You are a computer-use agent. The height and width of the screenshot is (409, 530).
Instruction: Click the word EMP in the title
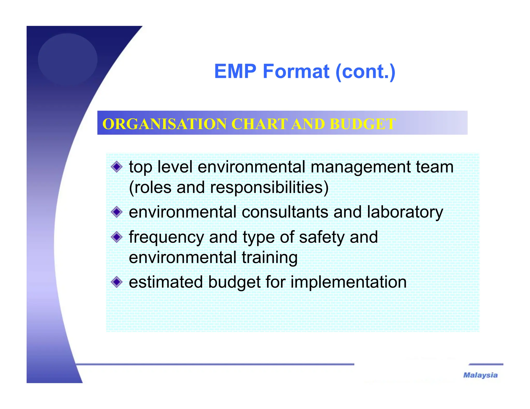[235, 71]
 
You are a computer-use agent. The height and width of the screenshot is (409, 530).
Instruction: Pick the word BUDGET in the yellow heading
[363, 124]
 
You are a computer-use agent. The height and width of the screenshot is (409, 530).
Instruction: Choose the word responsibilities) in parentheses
[269, 187]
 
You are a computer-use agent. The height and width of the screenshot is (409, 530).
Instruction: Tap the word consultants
[285, 212]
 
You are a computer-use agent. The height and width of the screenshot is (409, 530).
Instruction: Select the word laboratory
[405, 213]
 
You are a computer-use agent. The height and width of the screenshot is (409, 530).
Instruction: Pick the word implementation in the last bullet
[348, 282]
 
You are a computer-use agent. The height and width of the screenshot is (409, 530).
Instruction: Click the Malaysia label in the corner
[480, 375]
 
